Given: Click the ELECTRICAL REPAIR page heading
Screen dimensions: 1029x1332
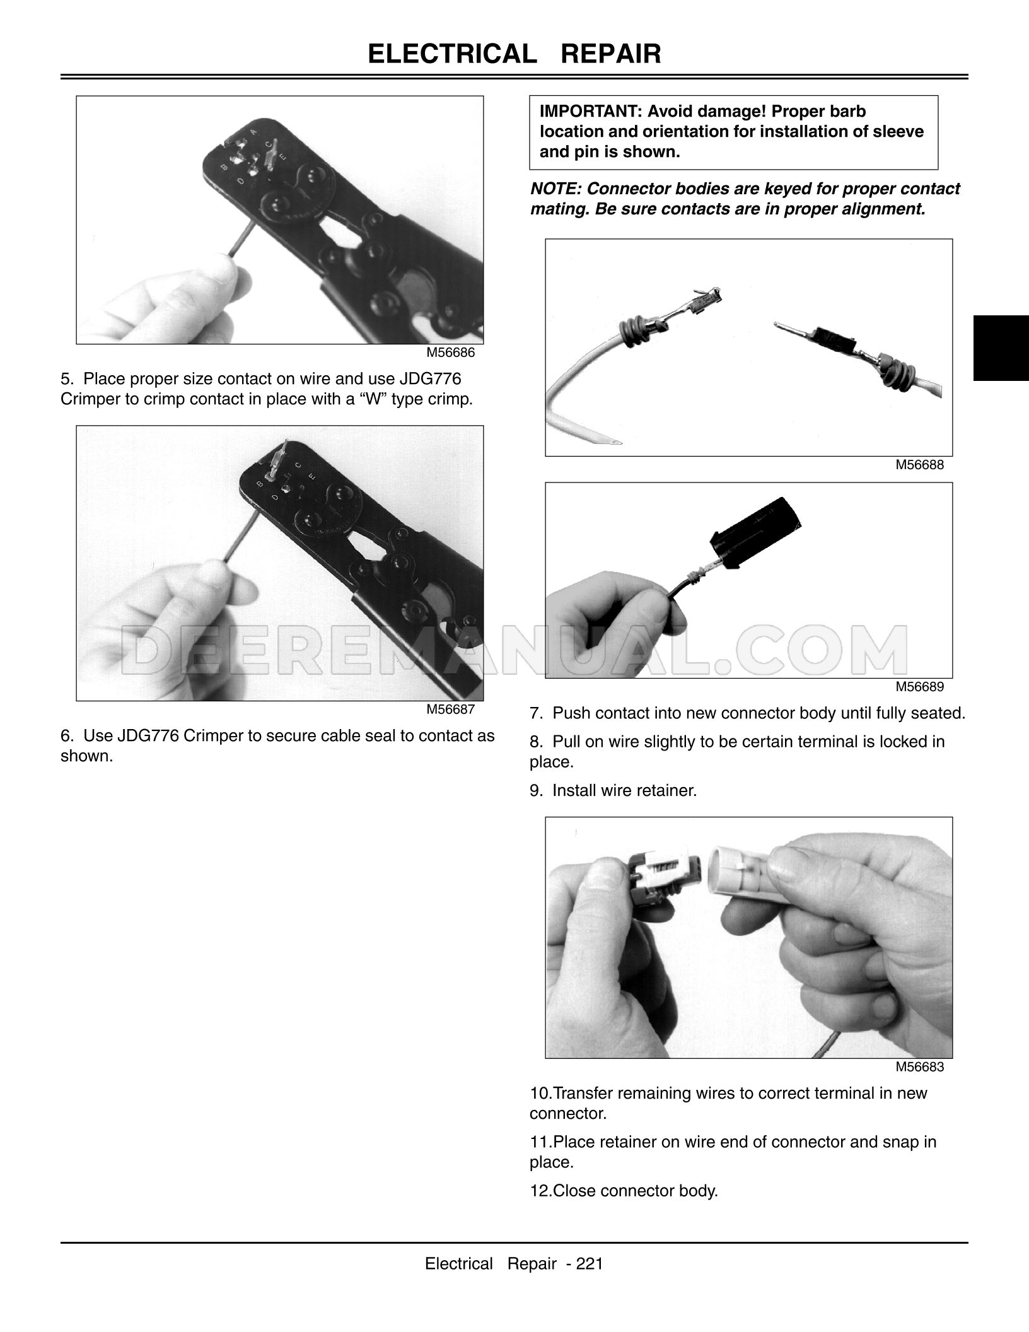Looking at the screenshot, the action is point(514,54).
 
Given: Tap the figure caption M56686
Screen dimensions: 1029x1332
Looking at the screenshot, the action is point(450,353).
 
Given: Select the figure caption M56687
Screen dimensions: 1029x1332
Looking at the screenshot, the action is point(450,710).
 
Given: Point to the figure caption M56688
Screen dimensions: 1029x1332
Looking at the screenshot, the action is point(920,465).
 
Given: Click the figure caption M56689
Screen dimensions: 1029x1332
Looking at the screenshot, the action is point(920,687).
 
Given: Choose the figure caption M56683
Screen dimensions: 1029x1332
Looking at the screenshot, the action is point(920,1067).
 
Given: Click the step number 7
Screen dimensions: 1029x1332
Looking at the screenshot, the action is point(536,713).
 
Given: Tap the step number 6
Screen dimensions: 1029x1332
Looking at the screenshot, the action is point(67,736).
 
